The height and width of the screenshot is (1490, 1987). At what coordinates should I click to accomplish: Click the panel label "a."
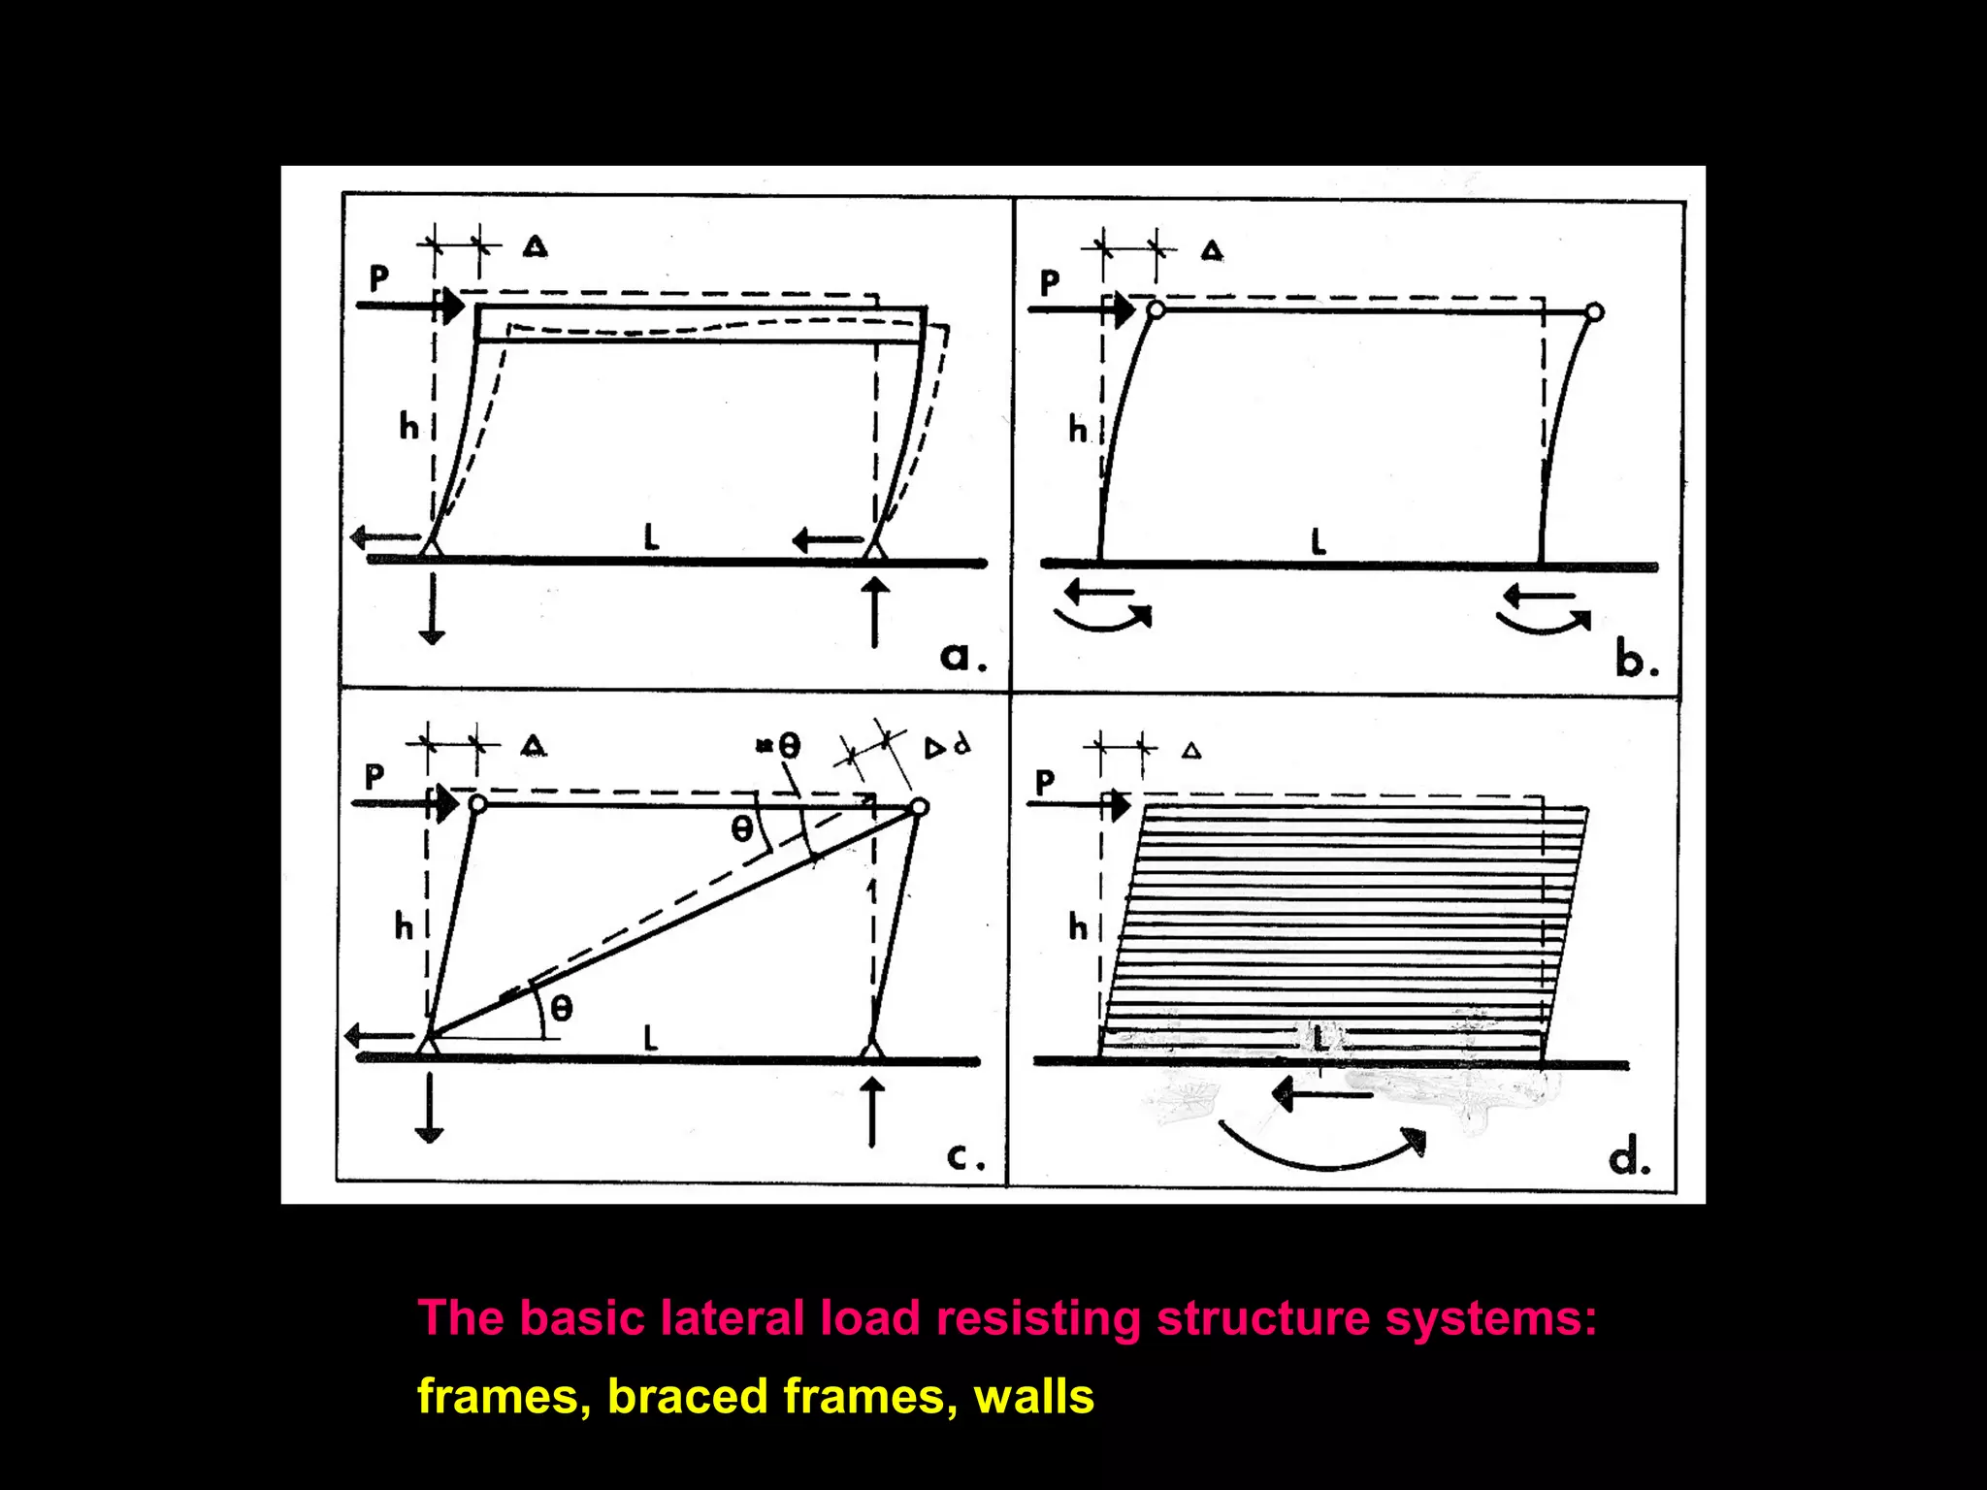(x=962, y=658)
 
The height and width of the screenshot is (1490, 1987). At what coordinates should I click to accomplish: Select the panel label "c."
(x=964, y=1156)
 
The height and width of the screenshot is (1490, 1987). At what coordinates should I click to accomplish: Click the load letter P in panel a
(x=379, y=279)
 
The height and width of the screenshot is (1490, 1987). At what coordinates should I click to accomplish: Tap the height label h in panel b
(x=1078, y=429)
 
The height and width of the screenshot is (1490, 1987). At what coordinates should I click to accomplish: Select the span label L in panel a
(x=651, y=536)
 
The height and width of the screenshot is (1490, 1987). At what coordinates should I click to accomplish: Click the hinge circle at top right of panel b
(x=1594, y=312)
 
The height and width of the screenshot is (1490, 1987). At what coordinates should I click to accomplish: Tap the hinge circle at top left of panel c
(x=477, y=804)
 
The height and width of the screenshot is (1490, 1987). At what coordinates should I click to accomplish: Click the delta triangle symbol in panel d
(x=1192, y=751)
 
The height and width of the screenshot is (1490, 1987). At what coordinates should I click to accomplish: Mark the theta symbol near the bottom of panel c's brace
(x=562, y=1009)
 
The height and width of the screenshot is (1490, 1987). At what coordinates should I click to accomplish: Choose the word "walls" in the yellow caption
(x=1033, y=1397)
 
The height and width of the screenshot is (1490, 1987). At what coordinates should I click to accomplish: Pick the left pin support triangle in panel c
(x=428, y=1046)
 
